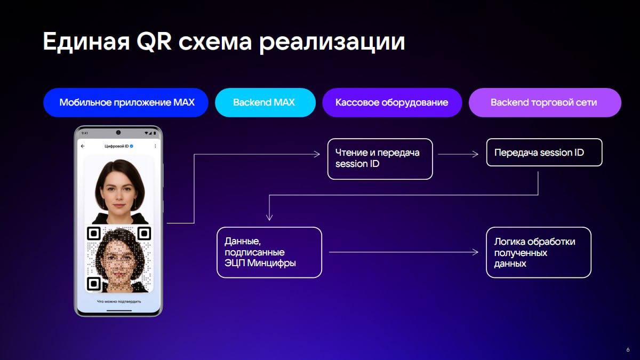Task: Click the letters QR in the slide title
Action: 154,42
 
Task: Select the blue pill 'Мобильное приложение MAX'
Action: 126,102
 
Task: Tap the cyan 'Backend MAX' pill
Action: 265,102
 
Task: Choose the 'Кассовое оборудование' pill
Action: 392,102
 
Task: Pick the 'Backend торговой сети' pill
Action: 545,102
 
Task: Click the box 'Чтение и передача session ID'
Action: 380,159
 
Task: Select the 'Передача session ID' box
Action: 545,153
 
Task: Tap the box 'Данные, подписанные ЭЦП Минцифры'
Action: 269,252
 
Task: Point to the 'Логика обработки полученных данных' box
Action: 539,252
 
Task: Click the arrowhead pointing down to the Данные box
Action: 269,218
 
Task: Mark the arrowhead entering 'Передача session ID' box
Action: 475,154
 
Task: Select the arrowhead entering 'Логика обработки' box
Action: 475,252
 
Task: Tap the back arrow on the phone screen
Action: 83,146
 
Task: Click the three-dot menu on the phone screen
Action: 155,146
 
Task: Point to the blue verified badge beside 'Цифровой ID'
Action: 131,146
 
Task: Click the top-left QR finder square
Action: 93,234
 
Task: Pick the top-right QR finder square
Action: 145,234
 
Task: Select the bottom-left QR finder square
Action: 93,284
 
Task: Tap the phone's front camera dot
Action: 118,133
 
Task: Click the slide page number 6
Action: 628,349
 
